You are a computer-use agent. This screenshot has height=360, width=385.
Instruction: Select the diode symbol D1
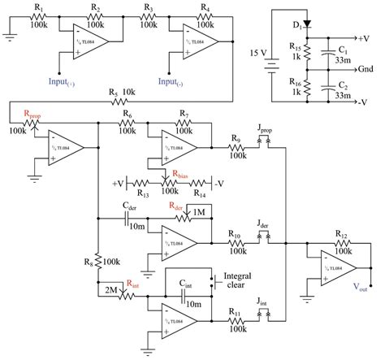click(305, 24)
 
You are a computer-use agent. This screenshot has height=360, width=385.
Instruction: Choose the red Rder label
click(174, 207)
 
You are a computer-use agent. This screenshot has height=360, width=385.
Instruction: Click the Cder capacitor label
click(128, 207)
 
